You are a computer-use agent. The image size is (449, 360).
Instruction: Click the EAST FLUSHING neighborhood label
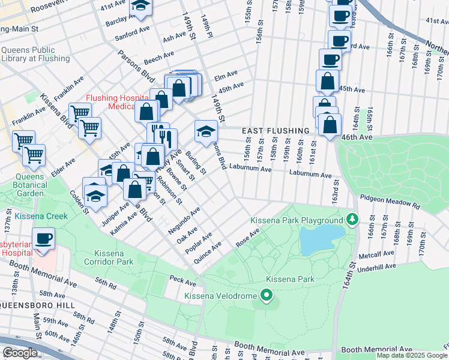[276, 131]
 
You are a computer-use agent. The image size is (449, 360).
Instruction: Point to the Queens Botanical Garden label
[25, 185]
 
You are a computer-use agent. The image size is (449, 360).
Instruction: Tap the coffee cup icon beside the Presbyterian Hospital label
[44, 239]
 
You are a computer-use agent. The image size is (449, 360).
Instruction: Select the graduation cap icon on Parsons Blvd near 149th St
[205, 130]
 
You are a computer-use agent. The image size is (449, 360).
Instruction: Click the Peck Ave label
[182, 280]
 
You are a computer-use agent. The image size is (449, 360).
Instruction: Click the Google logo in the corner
[20, 353]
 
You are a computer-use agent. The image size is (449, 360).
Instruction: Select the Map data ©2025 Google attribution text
[412, 355]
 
